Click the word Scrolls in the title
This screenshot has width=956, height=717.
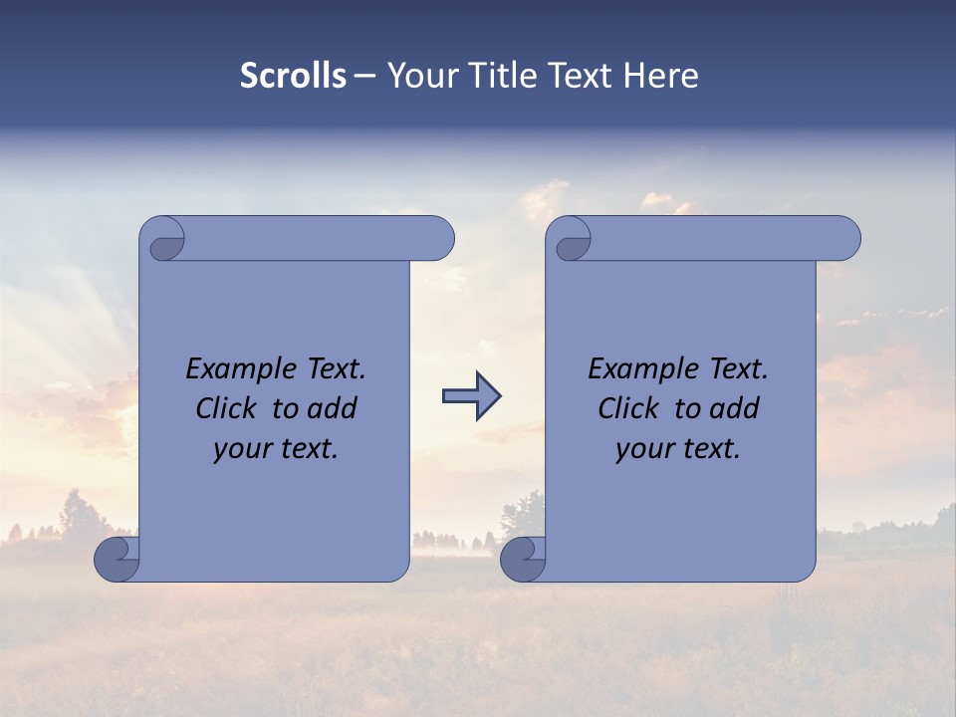point(293,76)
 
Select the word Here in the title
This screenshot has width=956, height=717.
point(661,76)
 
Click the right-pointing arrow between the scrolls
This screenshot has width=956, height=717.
point(471,396)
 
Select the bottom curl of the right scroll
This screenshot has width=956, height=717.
point(523,558)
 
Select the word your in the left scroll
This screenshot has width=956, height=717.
point(240,450)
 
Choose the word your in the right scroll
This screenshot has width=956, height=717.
point(642,450)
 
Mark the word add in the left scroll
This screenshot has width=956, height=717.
point(333,409)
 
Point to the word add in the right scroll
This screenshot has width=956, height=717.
point(735,409)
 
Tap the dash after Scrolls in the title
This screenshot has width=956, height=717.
point(364,76)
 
